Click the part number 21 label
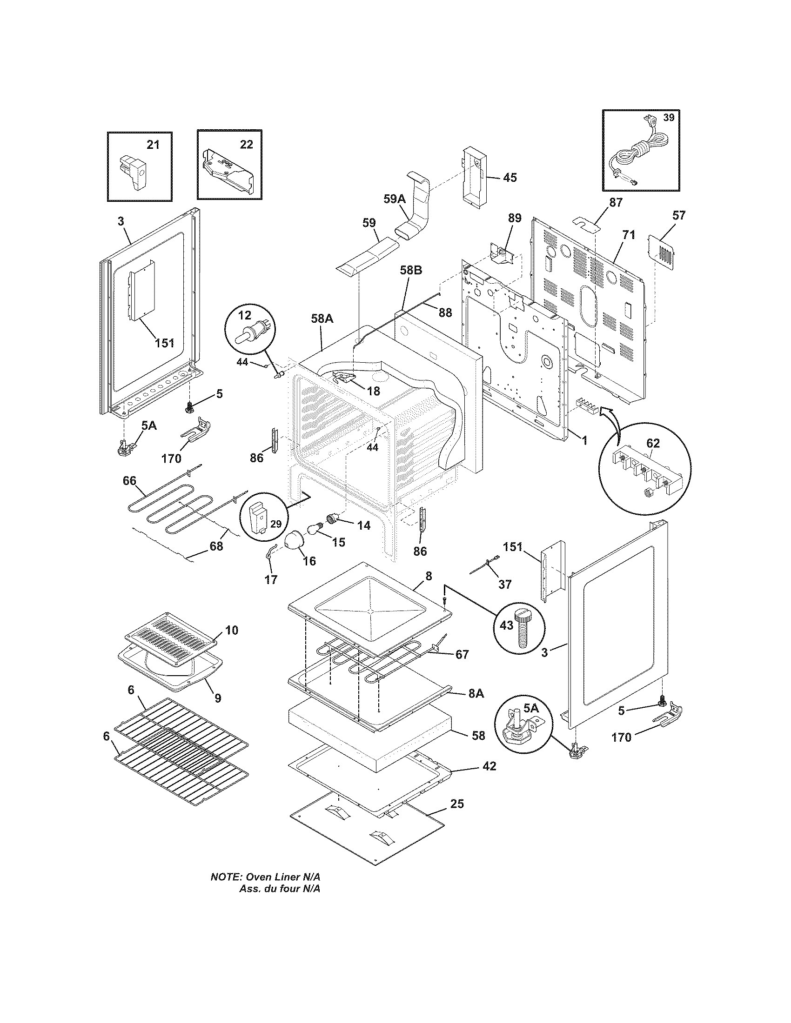153,145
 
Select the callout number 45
510,178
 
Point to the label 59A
395,199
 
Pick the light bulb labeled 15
315,528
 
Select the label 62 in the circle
653,443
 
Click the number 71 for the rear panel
629,235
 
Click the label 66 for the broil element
130,481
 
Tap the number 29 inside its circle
275,524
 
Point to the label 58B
411,270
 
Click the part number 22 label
247,145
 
